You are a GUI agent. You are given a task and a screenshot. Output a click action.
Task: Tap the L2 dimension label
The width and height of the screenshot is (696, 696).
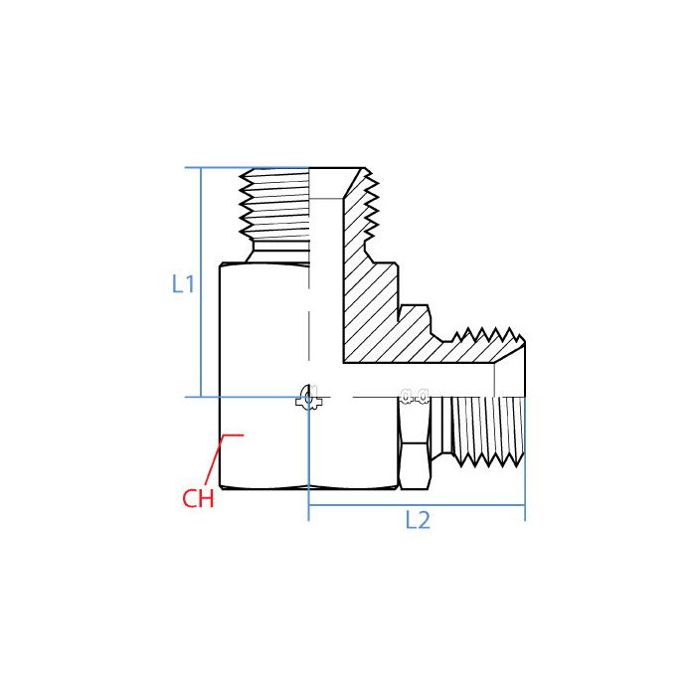click(418, 520)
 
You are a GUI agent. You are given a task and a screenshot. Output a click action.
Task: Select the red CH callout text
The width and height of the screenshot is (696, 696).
click(198, 498)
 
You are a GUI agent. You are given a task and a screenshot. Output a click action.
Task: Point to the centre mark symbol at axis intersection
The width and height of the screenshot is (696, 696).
click(309, 397)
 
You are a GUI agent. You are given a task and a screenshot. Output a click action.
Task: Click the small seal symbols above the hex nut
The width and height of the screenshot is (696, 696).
click(414, 395)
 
